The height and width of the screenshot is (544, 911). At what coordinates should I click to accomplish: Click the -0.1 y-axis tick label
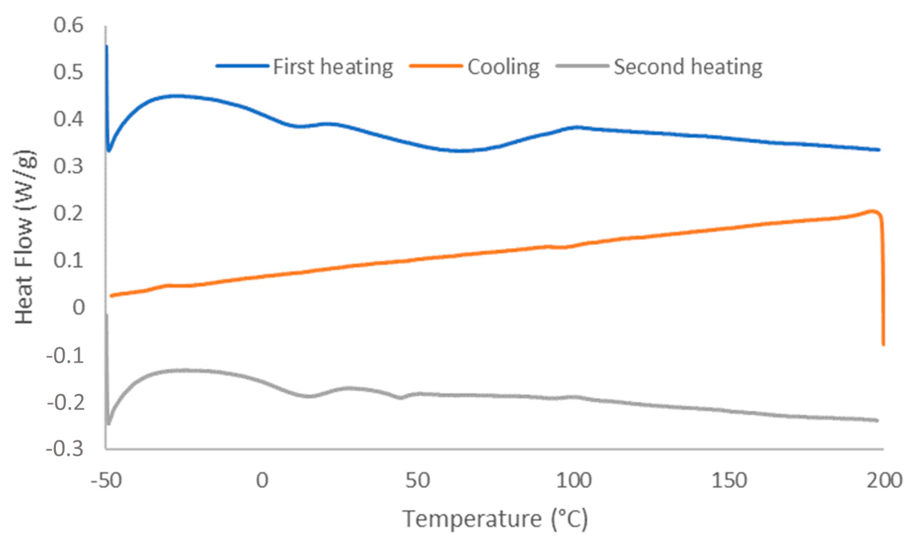click(65, 355)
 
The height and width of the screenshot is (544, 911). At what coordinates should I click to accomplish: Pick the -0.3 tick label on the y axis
click(65, 449)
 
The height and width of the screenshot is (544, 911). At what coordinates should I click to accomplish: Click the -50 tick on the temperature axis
click(106, 480)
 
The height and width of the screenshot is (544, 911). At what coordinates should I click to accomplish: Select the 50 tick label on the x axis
click(417, 480)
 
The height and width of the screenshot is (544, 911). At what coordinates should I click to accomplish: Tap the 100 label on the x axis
click(574, 480)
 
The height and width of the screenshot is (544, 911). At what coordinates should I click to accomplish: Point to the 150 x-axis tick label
click(729, 480)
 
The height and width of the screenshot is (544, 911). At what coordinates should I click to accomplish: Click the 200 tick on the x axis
click(884, 480)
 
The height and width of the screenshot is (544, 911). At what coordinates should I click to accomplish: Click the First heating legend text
click(333, 67)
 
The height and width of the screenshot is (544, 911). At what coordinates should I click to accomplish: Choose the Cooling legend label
click(503, 67)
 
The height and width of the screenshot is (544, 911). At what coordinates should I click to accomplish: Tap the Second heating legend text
click(688, 67)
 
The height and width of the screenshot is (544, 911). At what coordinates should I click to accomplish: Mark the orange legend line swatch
click(436, 66)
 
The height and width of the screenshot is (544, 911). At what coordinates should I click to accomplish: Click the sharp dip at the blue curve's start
click(109, 151)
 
